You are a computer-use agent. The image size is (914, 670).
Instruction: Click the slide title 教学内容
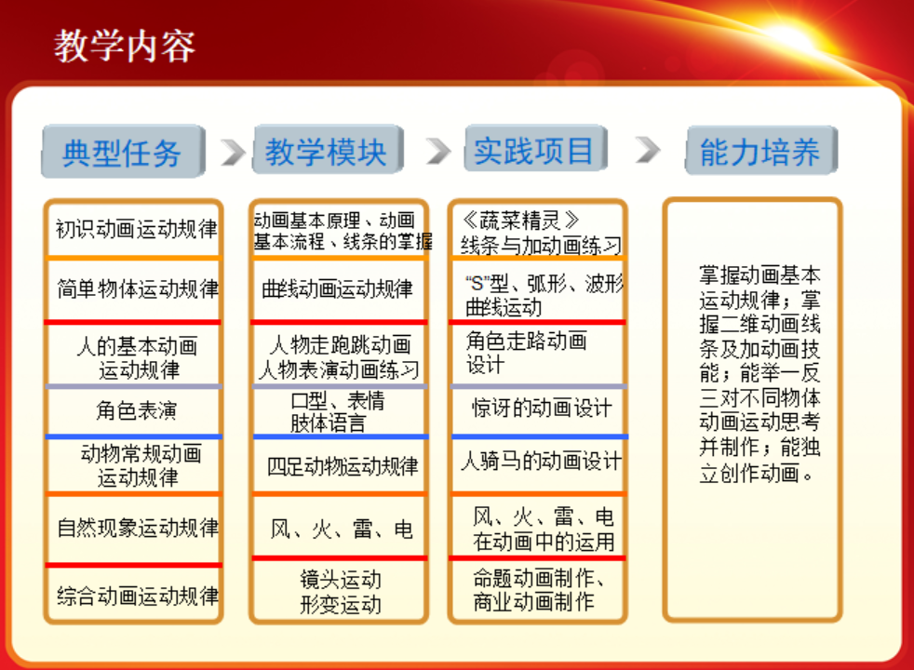click(x=125, y=46)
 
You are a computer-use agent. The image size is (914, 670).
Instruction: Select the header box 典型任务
click(x=123, y=152)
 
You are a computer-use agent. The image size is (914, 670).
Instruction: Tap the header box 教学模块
click(x=328, y=151)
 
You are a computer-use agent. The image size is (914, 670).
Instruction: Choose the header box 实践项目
click(x=535, y=149)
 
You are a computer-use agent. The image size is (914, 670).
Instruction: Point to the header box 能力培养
click(x=761, y=151)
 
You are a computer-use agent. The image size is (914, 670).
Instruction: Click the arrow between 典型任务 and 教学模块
click(x=234, y=152)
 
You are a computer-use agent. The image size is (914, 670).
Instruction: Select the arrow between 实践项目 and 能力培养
click(x=648, y=151)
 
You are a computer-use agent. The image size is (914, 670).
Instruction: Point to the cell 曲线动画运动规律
click(x=338, y=289)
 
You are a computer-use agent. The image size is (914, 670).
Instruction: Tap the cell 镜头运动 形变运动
click(x=341, y=592)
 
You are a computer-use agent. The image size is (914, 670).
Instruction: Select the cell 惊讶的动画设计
click(x=542, y=408)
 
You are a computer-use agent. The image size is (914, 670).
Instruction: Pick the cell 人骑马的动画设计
click(x=542, y=462)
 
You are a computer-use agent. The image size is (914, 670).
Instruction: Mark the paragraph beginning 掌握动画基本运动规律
click(x=760, y=374)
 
